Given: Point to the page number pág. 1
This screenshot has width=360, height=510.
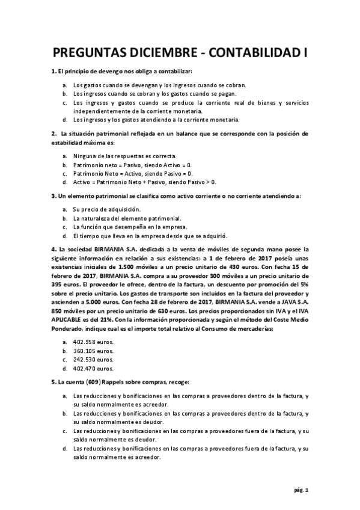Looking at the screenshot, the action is tap(302, 491).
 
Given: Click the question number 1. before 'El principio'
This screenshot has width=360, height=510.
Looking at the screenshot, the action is tap(53, 72).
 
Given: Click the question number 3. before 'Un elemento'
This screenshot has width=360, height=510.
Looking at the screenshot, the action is tap(53, 196).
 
